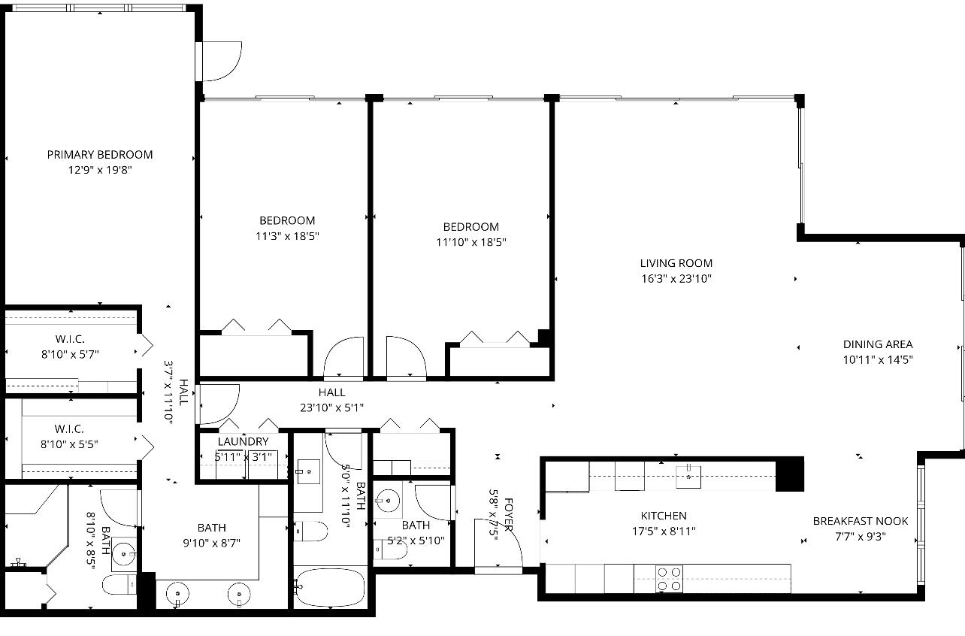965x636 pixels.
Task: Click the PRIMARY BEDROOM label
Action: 99,155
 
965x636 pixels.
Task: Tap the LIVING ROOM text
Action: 676,263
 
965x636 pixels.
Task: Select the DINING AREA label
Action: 877,344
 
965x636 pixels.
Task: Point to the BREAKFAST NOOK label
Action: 860,521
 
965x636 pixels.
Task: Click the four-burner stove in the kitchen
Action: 669,579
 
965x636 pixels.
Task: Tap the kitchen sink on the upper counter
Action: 688,476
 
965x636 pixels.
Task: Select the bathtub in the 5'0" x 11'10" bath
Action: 330,588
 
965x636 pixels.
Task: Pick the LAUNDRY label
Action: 243,442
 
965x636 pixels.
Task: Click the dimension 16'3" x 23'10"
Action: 676,279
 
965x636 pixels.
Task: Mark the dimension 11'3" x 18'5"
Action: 287,236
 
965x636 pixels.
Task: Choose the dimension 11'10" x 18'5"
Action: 470,243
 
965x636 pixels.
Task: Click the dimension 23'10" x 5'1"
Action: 331,408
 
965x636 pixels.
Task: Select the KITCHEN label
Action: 663,516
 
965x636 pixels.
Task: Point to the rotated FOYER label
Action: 509,514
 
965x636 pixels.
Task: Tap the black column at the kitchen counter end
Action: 789,474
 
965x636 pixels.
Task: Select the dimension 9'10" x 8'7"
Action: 211,543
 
